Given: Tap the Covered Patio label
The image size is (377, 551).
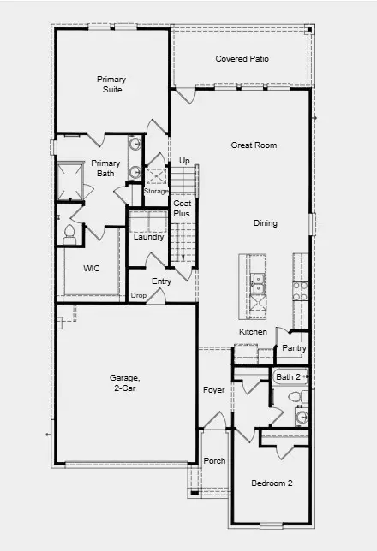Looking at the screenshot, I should pos(242,59).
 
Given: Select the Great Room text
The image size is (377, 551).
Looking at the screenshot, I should pos(254,145).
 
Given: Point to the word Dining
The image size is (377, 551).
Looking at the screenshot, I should pos(266,223).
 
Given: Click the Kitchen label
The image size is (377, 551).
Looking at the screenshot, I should pos(253,331).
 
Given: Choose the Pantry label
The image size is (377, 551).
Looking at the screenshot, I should pos(294,348).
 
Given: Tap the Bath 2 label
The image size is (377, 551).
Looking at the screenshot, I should pos(288,376).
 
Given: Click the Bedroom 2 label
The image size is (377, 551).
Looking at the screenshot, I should pos(272,483).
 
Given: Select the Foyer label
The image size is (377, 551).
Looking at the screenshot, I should pos(213,390).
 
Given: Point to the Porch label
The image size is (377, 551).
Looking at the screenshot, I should pos(214,461).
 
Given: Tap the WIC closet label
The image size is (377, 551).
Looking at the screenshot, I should pos(92,268).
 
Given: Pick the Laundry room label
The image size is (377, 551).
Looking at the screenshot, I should pos(148,237).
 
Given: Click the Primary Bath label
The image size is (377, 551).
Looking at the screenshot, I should pos(105,168).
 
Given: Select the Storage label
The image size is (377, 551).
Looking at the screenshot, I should pos(156,191).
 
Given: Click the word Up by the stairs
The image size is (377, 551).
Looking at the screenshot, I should pos(184,160).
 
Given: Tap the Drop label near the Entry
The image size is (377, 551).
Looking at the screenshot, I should pos(138,295).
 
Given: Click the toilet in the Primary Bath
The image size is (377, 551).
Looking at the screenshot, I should pos(70,233).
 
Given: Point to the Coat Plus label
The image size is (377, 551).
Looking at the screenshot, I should pos(182,208).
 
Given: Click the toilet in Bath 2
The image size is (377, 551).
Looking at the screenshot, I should pos(293,396).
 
